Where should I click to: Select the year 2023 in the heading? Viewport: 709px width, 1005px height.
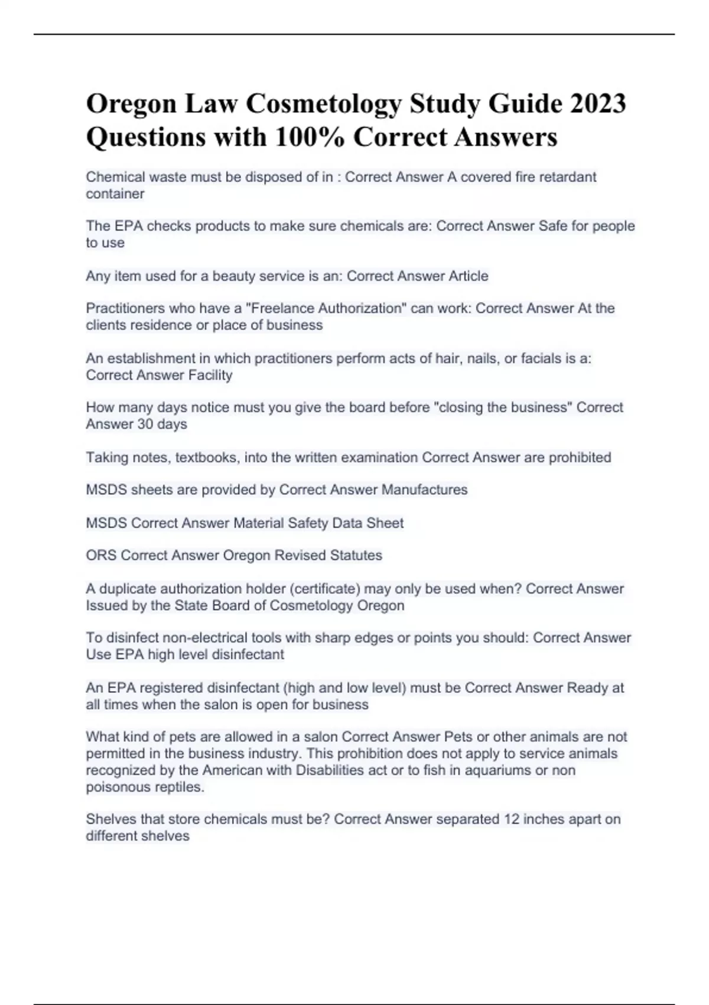598,104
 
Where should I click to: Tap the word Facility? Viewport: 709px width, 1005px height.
210,375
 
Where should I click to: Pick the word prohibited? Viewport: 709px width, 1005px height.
580,457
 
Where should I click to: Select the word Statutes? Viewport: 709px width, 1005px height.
356,555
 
